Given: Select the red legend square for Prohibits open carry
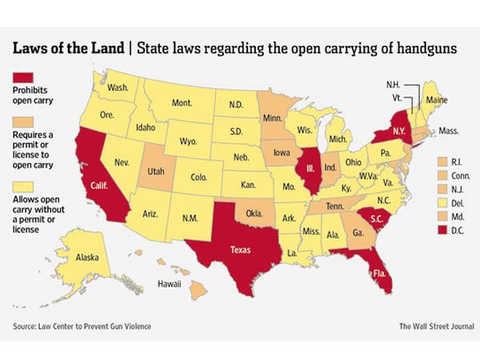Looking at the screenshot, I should click(x=21, y=78).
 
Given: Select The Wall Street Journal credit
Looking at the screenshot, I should click(x=437, y=326).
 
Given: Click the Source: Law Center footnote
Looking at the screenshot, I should click(x=82, y=326).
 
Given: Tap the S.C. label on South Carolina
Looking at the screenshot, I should click(x=370, y=218).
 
